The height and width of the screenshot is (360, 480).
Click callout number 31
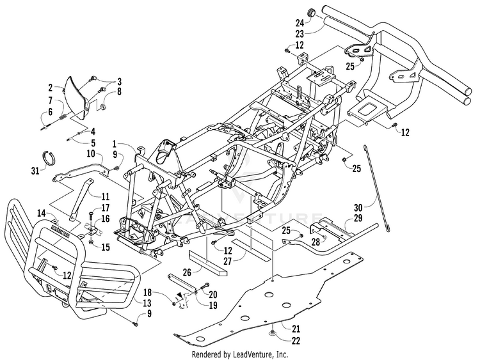pos(35,170)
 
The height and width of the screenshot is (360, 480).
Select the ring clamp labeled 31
pos(49,157)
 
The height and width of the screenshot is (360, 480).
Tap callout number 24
pos(300,22)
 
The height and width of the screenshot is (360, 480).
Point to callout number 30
pos(358,208)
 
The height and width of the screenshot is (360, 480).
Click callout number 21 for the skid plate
pos(296,329)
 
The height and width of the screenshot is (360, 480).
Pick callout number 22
pos(296,341)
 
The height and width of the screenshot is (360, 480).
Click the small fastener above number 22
pos(272,332)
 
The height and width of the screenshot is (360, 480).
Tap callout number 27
pos(228,262)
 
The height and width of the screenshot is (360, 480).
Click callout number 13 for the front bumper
pos(147,303)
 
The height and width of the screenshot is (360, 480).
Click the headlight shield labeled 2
pos(77,98)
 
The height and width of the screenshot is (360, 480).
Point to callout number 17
pos(106,208)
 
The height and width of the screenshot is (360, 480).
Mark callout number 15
pos(106,247)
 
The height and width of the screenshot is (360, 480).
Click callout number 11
pos(106,196)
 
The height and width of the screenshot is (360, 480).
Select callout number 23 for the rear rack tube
pos(300,34)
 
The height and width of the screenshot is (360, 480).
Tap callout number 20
pos(212,294)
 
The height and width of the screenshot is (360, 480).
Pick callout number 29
pos(358,219)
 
